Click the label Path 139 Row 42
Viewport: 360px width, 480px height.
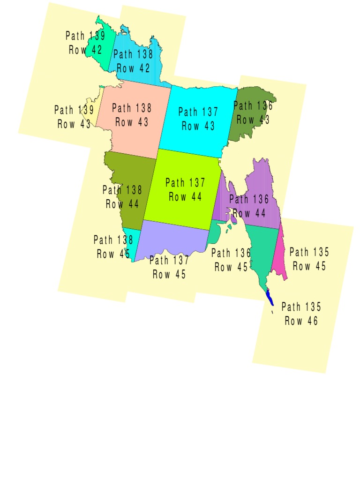click(x=85, y=43)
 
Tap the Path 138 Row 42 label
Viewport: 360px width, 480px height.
click(x=133, y=61)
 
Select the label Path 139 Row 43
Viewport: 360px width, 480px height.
click(x=74, y=117)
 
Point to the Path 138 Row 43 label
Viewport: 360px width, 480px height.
click(x=132, y=115)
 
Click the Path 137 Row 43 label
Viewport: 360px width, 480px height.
click(x=198, y=119)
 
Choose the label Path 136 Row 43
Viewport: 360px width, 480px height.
click(x=253, y=112)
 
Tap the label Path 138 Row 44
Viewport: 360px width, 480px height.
click(x=122, y=197)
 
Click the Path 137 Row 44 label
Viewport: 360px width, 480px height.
click(x=185, y=190)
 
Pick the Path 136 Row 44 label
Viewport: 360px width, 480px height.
click(x=249, y=206)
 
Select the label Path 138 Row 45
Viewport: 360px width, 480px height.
click(x=113, y=247)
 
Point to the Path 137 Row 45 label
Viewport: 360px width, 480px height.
click(x=169, y=267)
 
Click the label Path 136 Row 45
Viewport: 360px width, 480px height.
click(x=231, y=260)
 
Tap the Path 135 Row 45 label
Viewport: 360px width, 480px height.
click(x=309, y=259)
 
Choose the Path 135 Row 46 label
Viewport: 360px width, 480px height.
click(x=301, y=314)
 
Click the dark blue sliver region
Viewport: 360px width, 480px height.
click(x=270, y=298)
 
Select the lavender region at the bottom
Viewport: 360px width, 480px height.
click(x=173, y=239)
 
